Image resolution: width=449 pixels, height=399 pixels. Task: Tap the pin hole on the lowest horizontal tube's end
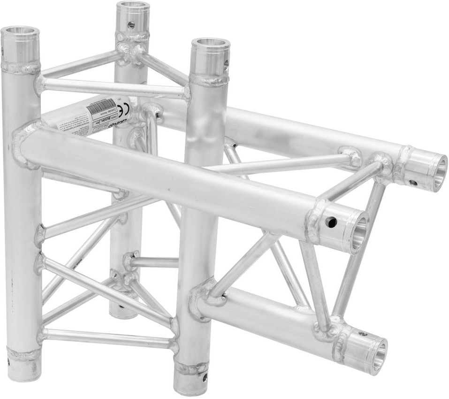tap(362, 334)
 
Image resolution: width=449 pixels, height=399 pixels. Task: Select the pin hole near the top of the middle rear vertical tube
tap(131, 24)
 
